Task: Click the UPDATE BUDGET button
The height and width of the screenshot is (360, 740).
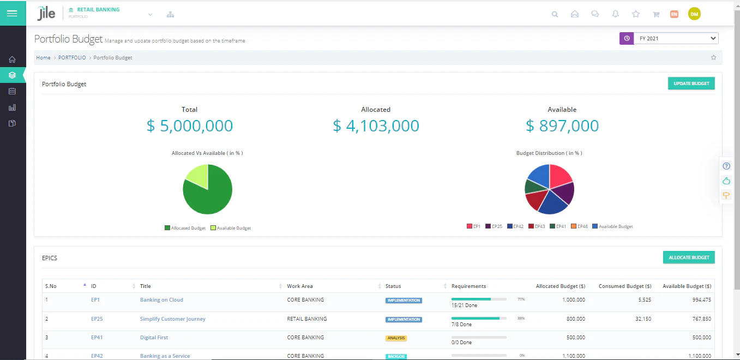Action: point(691,83)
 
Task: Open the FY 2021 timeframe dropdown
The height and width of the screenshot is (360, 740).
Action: point(676,39)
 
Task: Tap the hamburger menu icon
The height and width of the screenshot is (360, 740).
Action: point(12,13)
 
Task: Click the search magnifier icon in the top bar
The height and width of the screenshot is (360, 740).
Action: point(555,14)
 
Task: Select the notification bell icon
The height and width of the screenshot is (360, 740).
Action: point(615,14)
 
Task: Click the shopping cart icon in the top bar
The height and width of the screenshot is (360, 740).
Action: point(656,14)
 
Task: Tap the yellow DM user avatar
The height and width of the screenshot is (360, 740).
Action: point(694,14)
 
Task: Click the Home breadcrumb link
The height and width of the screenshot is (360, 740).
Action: point(43,58)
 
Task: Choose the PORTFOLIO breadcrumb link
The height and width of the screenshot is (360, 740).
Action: point(72,58)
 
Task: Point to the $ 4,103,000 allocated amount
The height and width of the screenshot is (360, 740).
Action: point(376,126)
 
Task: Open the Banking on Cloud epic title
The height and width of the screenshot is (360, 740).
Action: point(161,300)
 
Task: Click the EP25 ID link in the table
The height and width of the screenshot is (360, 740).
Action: point(97,319)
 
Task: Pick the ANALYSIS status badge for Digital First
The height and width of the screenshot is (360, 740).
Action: point(396,338)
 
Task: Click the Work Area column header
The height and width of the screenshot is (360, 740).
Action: point(300,286)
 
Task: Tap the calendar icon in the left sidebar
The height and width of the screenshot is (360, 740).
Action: point(12,91)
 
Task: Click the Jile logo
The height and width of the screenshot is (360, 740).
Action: point(46,14)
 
